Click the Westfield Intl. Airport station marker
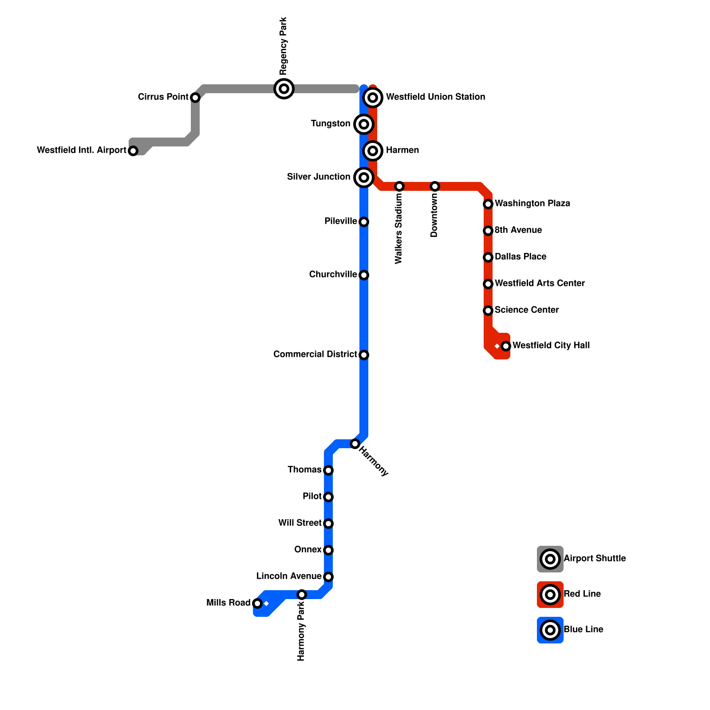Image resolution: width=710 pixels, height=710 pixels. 133,151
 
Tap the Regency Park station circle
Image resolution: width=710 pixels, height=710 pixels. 284,89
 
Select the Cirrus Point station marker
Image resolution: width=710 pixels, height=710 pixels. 195,98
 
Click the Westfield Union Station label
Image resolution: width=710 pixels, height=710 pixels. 435,97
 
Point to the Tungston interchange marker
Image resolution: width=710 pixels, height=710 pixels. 364,124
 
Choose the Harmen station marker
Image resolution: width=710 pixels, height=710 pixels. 373,151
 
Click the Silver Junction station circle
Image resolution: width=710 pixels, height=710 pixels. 364,177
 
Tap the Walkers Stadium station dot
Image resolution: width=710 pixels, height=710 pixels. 399,186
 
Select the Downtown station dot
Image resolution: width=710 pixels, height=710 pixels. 435,186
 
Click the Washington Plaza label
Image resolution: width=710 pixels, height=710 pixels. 532,203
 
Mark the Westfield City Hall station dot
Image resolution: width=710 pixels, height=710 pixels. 506,346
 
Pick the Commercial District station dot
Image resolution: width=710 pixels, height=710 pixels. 364,355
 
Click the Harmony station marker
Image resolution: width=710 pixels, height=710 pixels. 355,444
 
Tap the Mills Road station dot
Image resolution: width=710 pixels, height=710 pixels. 257,603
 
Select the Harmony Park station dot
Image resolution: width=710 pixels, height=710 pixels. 302,595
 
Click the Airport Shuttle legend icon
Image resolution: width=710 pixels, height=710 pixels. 550,559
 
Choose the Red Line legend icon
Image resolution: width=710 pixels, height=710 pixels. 550,595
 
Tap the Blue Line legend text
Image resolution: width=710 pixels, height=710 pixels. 583,629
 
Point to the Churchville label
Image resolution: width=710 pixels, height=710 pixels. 333,274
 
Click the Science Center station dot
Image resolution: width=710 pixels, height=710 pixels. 488,311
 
